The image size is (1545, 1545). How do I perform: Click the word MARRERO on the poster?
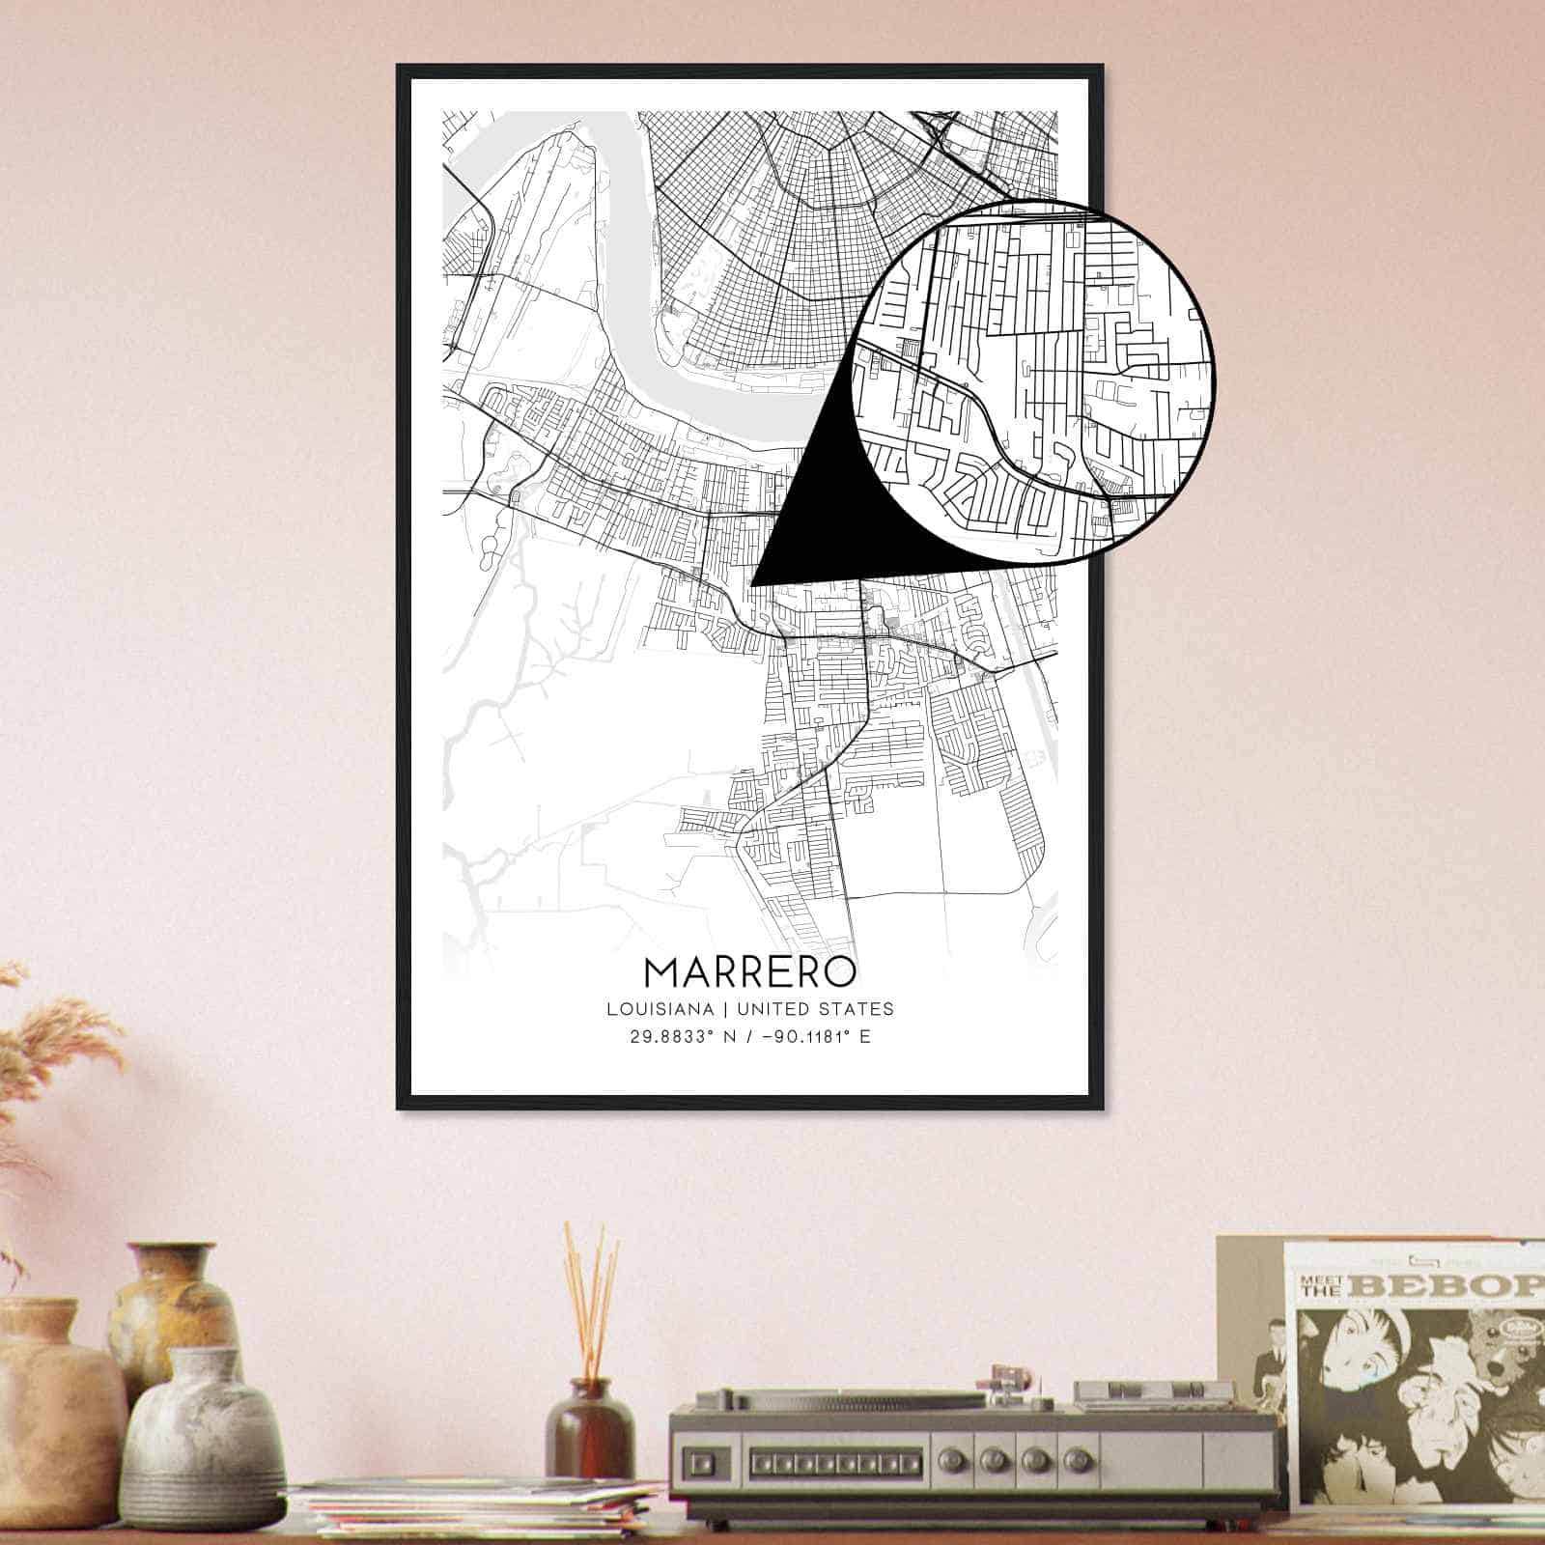click(749, 971)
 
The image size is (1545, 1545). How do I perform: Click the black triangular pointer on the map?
click(811, 521)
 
